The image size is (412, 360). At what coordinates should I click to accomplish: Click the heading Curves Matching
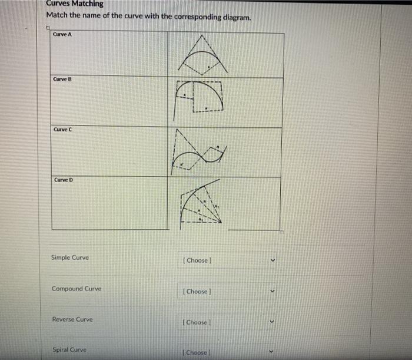(x=74, y=4)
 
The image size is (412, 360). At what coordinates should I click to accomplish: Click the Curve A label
(x=62, y=34)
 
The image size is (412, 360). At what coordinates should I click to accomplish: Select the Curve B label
(x=62, y=79)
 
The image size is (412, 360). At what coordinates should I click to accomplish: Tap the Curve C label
(x=62, y=129)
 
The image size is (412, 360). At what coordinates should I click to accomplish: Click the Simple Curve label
(x=70, y=257)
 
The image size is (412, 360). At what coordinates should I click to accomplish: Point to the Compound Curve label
(x=76, y=289)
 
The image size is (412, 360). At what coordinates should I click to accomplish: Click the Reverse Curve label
(x=72, y=319)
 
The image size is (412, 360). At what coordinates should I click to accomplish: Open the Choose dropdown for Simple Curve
(x=226, y=260)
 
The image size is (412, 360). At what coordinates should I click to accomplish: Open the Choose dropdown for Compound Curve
(x=226, y=291)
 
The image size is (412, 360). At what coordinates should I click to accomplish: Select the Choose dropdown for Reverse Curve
(x=226, y=322)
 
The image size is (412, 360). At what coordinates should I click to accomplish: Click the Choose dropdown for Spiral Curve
(x=226, y=352)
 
